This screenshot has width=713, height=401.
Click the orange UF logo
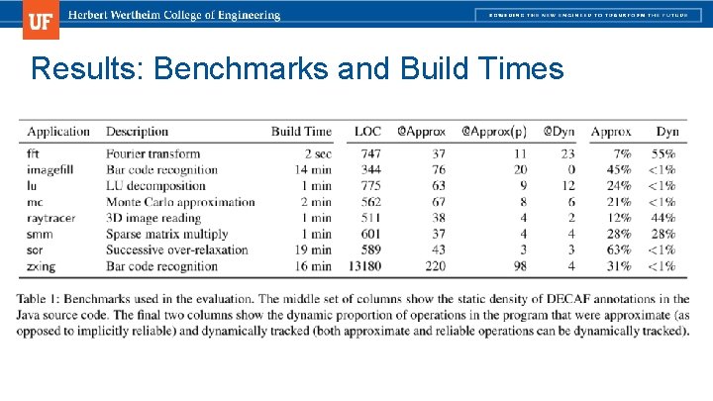tap(41, 19)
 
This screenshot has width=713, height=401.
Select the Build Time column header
tap(301, 132)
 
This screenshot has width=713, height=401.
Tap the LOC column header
tap(367, 132)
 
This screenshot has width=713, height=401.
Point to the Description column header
tap(137, 132)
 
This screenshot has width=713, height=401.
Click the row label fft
tap(34, 153)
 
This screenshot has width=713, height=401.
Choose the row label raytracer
tap(51, 218)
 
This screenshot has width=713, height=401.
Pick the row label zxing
tap(42, 265)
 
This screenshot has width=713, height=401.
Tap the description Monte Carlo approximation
tap(180, 202)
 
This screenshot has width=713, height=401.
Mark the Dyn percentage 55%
tap(663, 153)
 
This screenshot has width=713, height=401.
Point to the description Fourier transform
tap(153, 153)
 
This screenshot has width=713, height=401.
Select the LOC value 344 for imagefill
tap(370, 169)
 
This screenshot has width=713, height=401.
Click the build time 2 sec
tap(317, 153)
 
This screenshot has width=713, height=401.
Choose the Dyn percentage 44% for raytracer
tap(663, 218)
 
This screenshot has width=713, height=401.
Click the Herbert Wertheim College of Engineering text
tap(172, 16)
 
